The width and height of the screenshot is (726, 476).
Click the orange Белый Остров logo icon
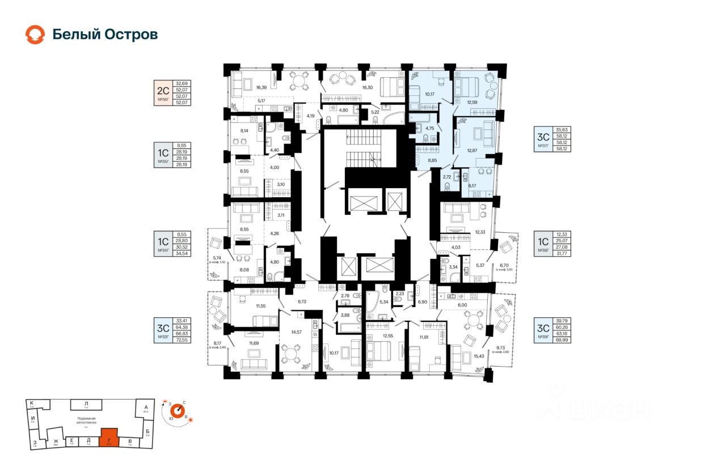[x=35, y=35]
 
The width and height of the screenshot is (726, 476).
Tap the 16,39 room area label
[x=261, y=88]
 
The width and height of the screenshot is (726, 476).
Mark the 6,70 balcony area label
[x=505, y=265]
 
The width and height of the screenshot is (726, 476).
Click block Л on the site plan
[x=86, y=404]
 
